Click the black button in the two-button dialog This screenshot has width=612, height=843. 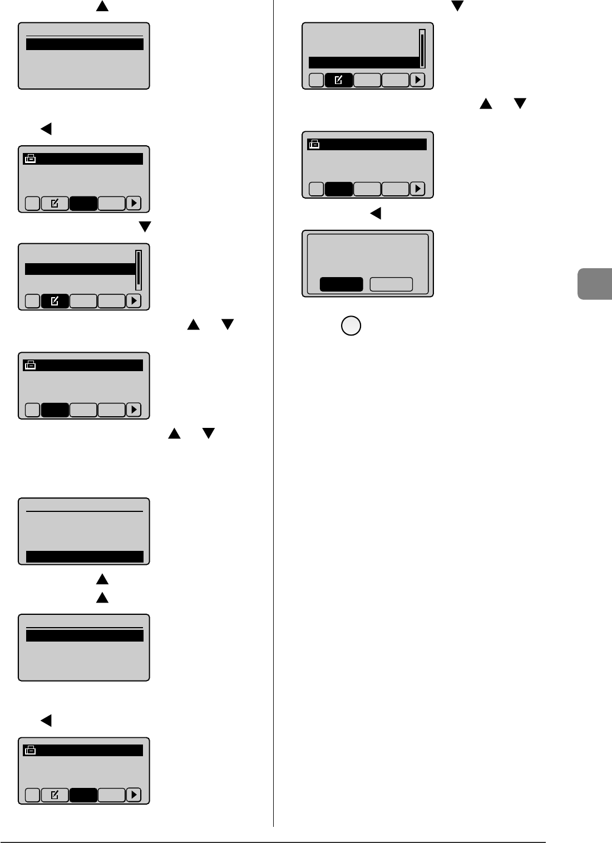[341, 284]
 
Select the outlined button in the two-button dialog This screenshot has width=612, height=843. [391, 284]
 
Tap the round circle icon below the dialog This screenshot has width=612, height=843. [351, 326]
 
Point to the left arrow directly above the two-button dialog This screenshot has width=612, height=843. [376, 213]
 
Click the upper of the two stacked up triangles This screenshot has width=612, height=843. [102, 580]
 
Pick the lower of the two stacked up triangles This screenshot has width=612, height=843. [102, 598]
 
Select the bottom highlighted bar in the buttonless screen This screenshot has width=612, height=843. [85, 556]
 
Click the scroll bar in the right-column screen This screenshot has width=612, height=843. [422, 48]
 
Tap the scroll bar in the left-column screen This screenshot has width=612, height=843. [139, 270]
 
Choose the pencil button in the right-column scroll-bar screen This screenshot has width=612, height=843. [338, 80]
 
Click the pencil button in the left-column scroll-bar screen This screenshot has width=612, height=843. [55, 301]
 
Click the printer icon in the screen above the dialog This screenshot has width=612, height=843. [314, 145]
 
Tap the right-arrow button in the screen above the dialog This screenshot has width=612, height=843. [417, 189]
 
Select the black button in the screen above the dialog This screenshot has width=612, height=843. [339, 189]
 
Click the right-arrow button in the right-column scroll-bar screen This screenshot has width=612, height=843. [417, 80]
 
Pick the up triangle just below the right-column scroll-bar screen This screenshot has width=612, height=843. [486, 103]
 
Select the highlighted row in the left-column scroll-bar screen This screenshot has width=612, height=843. [80, 269]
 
